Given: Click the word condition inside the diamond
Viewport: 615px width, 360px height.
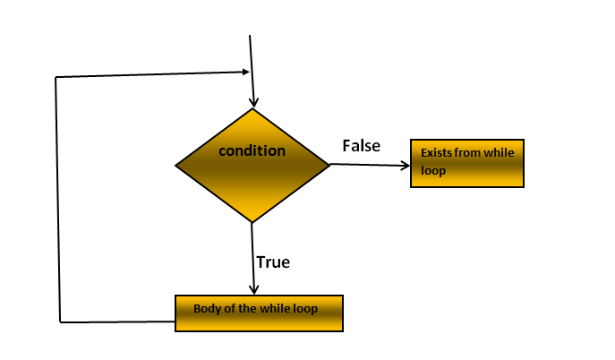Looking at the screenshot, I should (x=252, y=150).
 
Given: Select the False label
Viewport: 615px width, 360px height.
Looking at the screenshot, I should (x=361, y=145).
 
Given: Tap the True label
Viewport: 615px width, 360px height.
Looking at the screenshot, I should (x=272, y=262).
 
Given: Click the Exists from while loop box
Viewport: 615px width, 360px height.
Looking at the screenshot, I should (x=466, y=163).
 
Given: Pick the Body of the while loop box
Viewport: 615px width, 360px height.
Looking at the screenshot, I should (x=259, y=313).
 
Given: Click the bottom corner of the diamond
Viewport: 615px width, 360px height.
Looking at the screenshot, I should (x=252, y=222).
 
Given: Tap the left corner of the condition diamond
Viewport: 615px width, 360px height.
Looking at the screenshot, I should (x=175, y=165).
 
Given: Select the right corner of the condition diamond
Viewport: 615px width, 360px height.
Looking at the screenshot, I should (x=330, y=164).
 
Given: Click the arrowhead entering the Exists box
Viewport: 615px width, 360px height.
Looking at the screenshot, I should (x=406, y=165).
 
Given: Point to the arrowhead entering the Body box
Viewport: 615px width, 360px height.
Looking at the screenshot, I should (x=254, y=290).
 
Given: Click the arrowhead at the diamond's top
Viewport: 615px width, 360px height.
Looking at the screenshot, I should (x=254, y=103).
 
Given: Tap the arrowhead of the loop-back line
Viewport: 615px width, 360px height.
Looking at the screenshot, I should (x=244, y=72).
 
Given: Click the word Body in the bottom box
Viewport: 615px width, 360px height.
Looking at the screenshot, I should (x=206, y=308).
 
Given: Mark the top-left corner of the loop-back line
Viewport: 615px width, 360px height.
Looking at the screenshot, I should (x=56, y=78).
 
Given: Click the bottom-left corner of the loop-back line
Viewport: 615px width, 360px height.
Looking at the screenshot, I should (x=60, y=320).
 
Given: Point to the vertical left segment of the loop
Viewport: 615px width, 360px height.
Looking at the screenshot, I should (x=57, y=197).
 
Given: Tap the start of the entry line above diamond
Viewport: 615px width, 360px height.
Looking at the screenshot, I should (x=250, y=35).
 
